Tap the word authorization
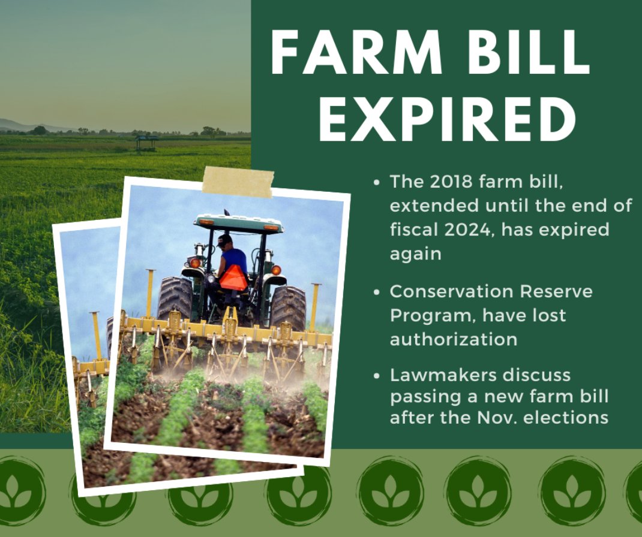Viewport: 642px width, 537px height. click(454, 339)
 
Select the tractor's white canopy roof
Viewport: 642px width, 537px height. click(238, 222)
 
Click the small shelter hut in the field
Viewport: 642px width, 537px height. click(147, 141)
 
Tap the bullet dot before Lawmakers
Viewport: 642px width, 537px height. click(377, 376)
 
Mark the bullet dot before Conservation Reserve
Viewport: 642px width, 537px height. click(377, 292)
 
